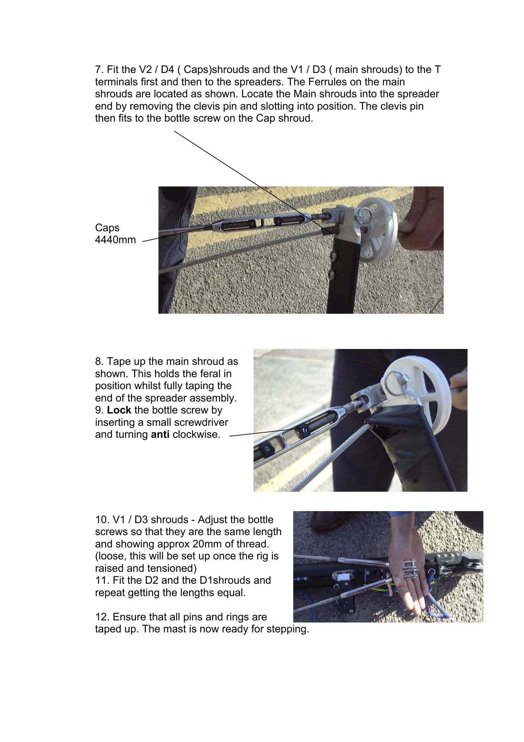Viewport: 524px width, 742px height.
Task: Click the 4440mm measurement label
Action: tap(115, 240)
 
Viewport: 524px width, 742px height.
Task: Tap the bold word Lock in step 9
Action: tap(119, 410)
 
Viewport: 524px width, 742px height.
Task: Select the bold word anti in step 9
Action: tap(160, 435)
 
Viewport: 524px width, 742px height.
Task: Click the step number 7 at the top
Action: tap(98, 69)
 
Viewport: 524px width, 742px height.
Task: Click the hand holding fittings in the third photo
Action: tap(408, 578)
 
